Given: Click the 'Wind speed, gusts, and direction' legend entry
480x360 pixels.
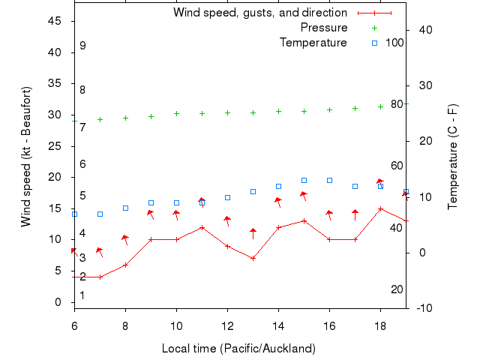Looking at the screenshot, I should coord(259,13).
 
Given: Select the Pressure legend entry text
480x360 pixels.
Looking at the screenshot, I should coord(323,28).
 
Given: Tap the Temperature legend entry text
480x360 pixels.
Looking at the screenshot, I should coord(313,43).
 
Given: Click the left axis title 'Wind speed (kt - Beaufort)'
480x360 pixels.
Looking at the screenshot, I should coord(26,156).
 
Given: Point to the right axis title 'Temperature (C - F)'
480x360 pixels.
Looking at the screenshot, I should coord(453,156).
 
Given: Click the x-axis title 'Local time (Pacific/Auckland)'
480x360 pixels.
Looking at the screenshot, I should coord(238,349).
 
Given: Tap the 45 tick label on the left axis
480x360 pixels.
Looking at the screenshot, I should coord(54,21).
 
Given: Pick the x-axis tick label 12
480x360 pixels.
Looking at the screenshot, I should coord(227,324).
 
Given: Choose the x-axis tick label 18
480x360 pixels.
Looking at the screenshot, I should coord(380,324).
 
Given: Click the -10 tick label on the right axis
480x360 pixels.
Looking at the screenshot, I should coord(424,308).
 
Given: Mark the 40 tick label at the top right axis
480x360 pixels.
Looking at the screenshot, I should coord(424,30).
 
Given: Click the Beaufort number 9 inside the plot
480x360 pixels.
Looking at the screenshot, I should coord(82,46).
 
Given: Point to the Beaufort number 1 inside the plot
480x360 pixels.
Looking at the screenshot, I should coord(82,295).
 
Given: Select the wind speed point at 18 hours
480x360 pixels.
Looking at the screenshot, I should coord(380,208).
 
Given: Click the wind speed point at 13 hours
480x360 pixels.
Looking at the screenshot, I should coord(253,258).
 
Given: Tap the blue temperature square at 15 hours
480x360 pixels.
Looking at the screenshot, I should coord(304,180).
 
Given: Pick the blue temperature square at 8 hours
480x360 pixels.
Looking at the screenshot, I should coord(125,208).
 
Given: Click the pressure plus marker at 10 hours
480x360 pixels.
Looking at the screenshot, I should coord(176,114).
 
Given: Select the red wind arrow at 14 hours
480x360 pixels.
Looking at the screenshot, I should coord(278,202).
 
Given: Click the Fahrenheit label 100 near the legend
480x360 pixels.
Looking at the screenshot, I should coord(394,43).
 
